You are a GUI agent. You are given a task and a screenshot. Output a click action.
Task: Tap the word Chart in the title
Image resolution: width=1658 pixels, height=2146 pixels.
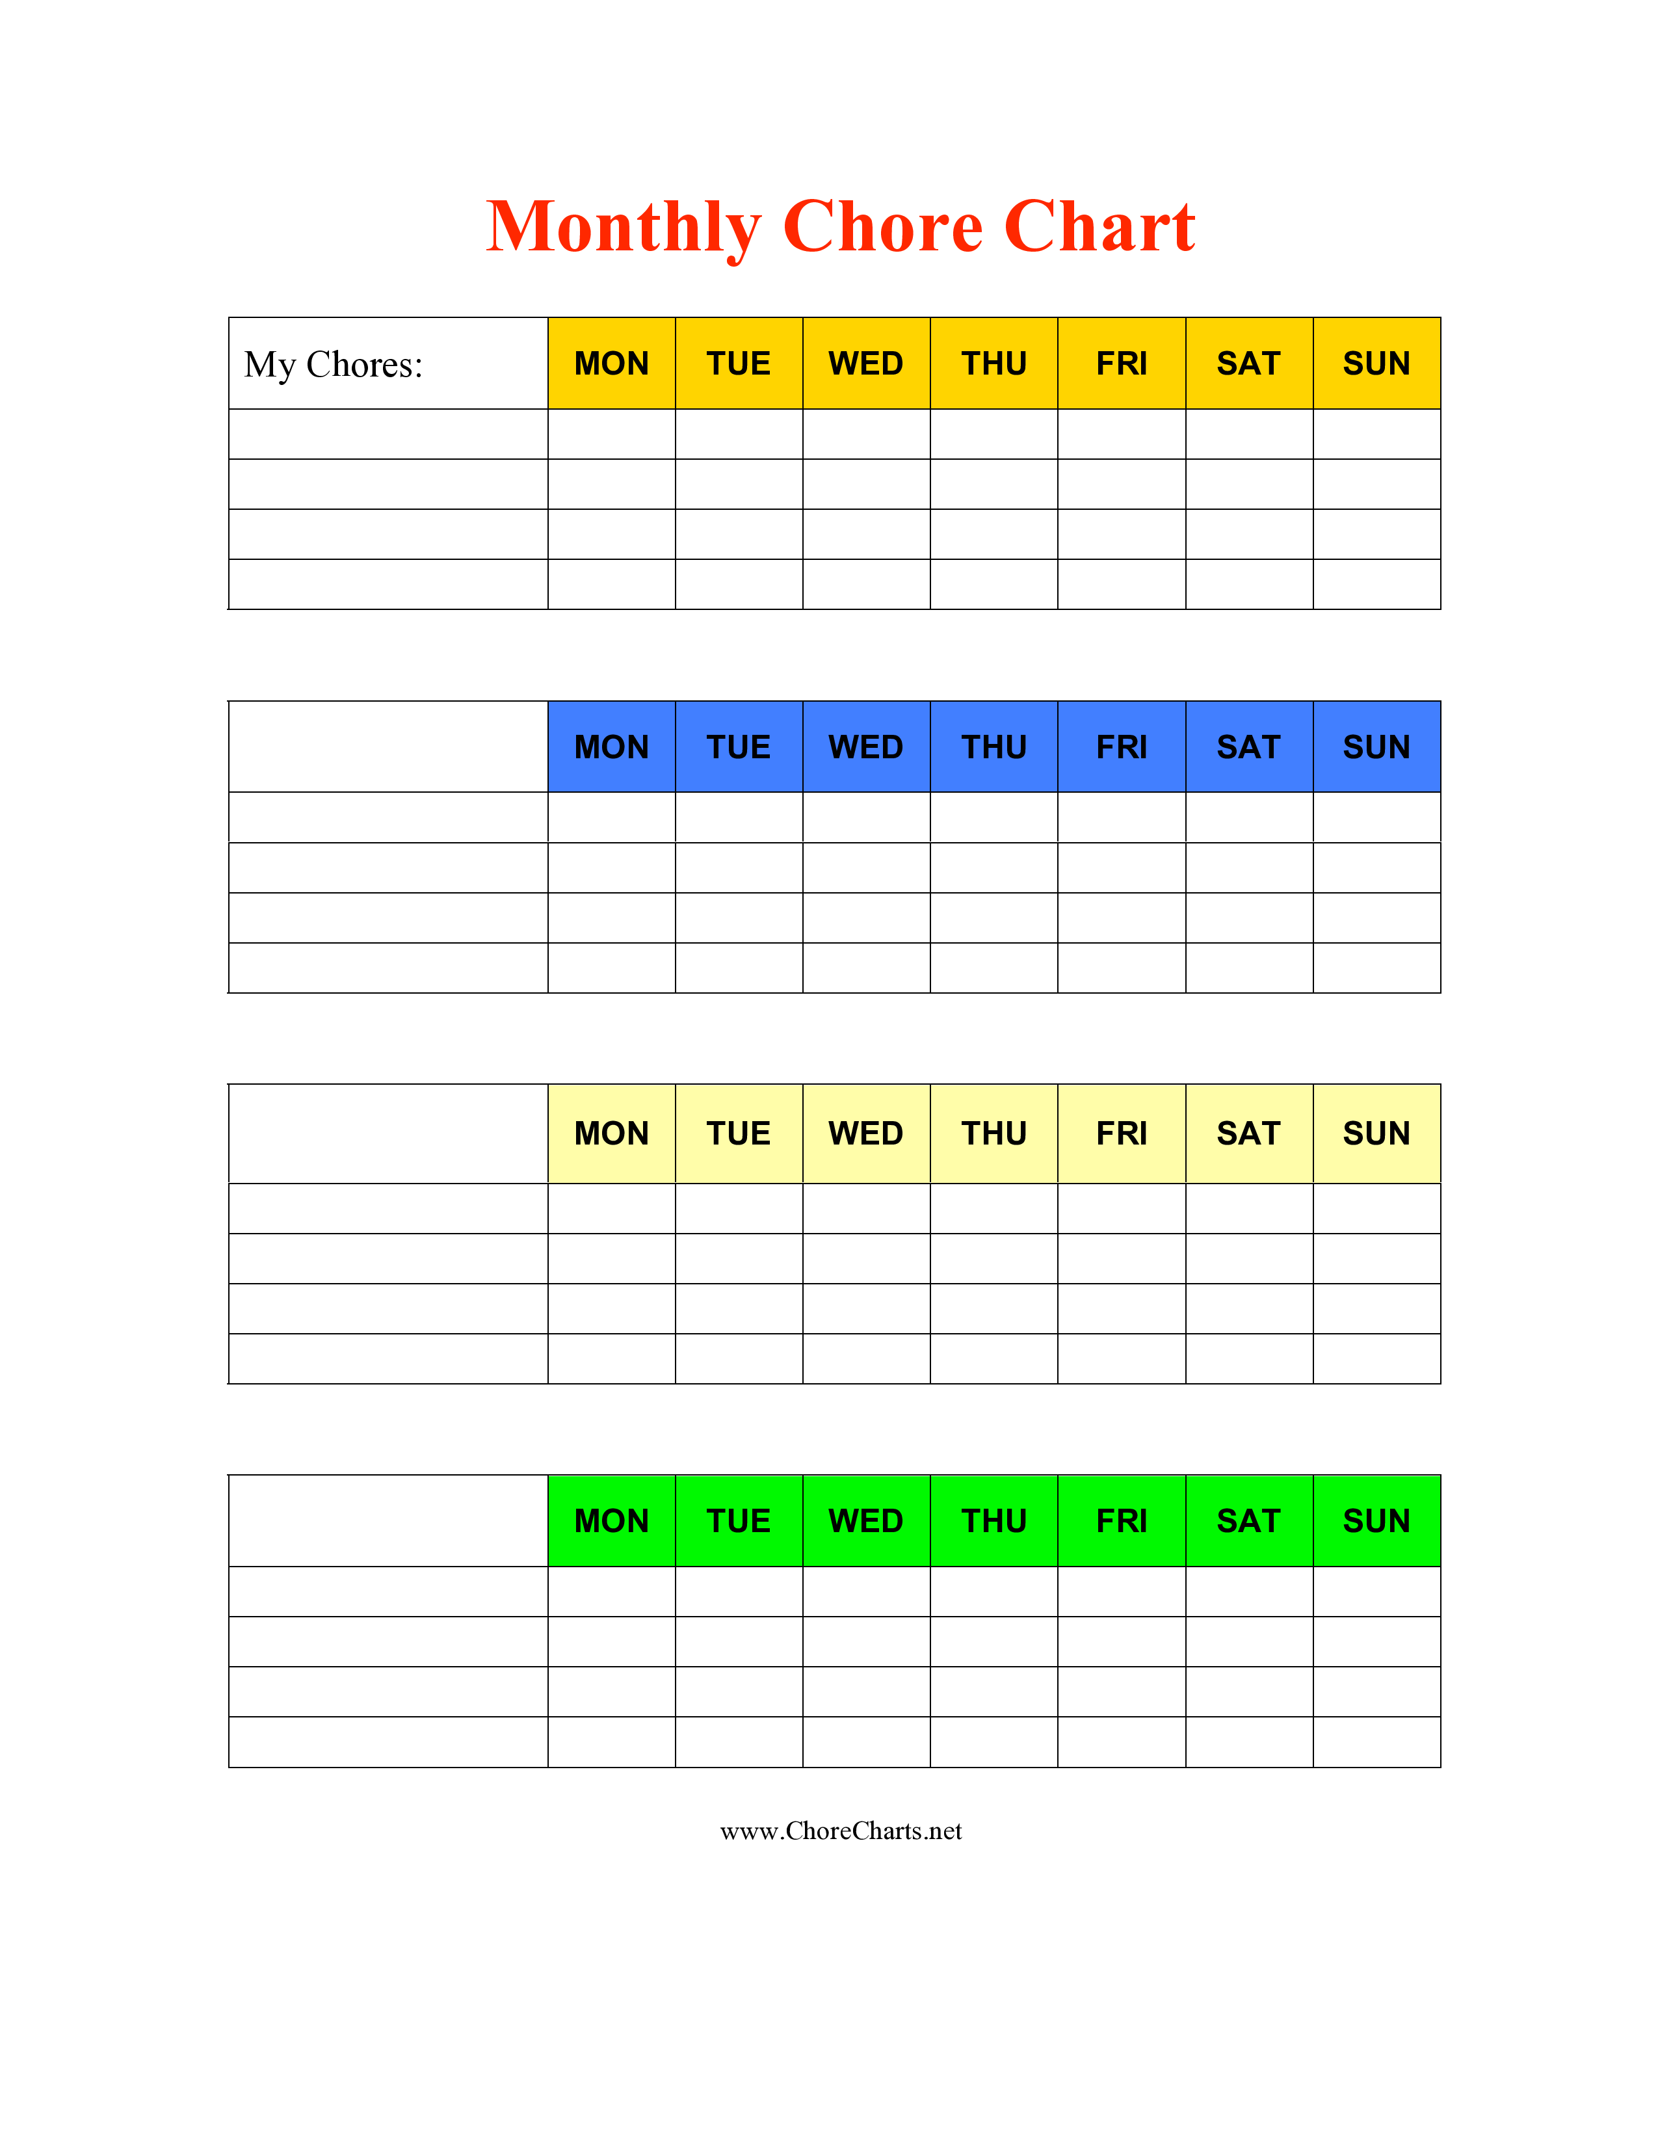tap(1100, 226)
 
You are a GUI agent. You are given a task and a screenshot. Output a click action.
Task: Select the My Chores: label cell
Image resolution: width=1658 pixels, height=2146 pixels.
tap(388, 364)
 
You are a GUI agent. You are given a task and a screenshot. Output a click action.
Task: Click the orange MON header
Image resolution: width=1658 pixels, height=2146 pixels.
tap(612, 364)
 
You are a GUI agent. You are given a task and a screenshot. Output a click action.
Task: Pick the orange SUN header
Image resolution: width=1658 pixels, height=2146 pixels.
tap(1377, 364)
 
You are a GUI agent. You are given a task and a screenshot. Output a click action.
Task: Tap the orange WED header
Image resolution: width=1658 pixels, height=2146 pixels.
tap(866, 364)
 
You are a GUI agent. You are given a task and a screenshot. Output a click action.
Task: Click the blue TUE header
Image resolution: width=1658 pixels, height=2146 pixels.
tap(739, 747)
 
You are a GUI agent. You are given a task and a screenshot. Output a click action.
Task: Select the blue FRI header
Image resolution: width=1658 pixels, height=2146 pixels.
tap(1122, 747)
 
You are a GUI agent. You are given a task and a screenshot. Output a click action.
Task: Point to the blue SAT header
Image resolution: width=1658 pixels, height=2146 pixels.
tap(1250, 747)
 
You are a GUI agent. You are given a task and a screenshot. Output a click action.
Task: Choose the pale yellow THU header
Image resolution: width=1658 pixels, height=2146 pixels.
tap(994, 1134)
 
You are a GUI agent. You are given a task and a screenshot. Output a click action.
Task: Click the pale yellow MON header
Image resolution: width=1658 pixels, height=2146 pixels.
tap(612, 1134)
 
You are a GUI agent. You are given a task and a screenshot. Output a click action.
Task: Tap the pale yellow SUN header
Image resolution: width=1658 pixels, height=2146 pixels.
tap(1377, 1134)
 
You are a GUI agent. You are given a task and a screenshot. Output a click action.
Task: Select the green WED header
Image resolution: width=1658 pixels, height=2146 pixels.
tap(866, 1521)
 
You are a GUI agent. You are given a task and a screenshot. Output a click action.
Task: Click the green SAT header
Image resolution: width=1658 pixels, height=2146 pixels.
tap(1250, 1521)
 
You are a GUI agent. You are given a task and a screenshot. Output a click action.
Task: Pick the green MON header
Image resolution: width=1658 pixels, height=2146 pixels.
tap(612, 1521)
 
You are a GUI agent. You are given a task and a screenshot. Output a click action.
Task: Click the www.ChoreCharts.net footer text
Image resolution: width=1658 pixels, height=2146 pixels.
tap(841, 1831)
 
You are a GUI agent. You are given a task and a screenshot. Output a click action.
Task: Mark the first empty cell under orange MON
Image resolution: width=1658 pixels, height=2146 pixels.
tap(612, 434)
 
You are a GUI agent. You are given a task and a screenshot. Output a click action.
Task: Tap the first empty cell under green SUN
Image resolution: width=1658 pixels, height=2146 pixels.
tap(1377, 1592)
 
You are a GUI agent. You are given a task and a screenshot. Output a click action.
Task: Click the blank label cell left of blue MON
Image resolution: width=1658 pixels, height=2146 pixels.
tap(388, 747)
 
